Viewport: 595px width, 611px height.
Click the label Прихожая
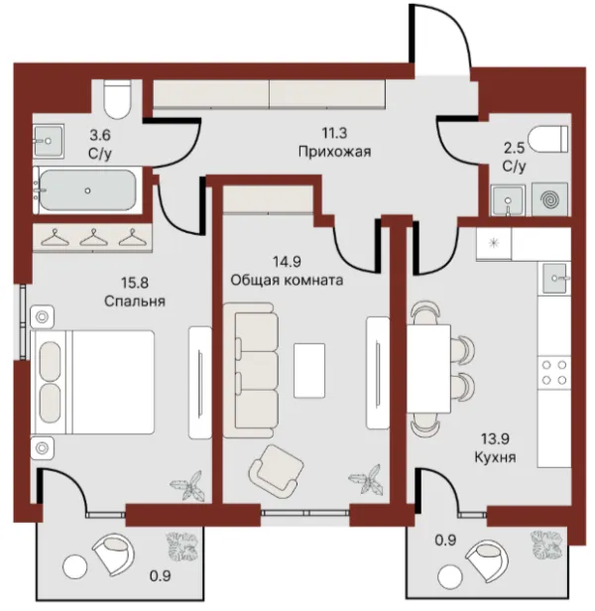point(334,151)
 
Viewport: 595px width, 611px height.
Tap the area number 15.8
point(135,283)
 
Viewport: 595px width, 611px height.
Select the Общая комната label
point(287,280)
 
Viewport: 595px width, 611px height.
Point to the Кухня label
point(495,457)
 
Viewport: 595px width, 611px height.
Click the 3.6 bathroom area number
point(100,135)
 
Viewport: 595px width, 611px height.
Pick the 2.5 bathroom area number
point(515,149)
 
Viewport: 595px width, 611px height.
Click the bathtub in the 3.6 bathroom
point(87,190)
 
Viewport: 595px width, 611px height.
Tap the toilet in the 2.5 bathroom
point(548,139)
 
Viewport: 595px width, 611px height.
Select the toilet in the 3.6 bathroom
point(117,99)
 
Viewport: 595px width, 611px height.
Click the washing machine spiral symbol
point(549,199)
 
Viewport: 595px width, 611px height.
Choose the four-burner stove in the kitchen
point(554,372)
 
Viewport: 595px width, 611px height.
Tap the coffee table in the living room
point(309,371)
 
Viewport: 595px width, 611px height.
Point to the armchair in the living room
point(277,471)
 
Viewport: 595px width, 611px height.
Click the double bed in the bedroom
point(92,382)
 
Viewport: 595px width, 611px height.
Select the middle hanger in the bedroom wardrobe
point(93,237)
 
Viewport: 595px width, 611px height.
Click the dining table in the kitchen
point(428,369)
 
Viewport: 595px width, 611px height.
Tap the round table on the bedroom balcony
point(74,566)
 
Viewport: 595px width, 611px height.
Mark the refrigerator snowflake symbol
point(493,243)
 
